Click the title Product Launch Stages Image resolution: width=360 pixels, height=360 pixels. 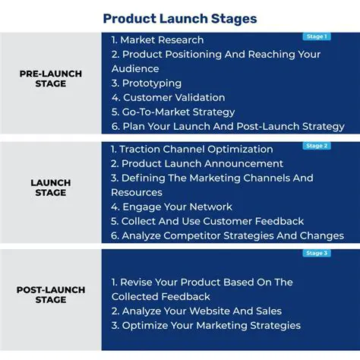click(x=180, y=18)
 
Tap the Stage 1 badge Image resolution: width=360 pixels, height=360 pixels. click(x=316, y=36)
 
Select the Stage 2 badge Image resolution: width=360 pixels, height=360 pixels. click(x=316, y=146)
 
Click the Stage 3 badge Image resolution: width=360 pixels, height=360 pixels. click(x=316, y=254)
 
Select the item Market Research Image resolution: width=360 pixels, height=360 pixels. click(x=157, y=39)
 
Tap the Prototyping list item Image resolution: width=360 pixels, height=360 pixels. click(x=147, y=83)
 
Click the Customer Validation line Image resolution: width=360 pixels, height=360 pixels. click(x=168, y=97)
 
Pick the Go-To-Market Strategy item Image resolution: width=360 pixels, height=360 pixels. click(x=173, y=112)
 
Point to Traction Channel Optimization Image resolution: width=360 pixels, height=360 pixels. click(x=191, y=150)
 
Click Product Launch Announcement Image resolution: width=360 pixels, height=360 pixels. click(x=197, y=163)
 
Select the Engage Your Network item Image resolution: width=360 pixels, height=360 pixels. click(x=172, y=207)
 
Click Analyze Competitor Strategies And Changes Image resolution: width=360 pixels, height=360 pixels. click(x=227, y=235)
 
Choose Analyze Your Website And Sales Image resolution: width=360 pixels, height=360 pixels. click(x=196, y=311)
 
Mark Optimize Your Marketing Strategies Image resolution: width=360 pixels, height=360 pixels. click(x=205, y=325)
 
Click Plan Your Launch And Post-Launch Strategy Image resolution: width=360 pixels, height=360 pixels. click(x=228, y=126)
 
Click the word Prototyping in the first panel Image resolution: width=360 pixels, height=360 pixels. click(x=153, y=83)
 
